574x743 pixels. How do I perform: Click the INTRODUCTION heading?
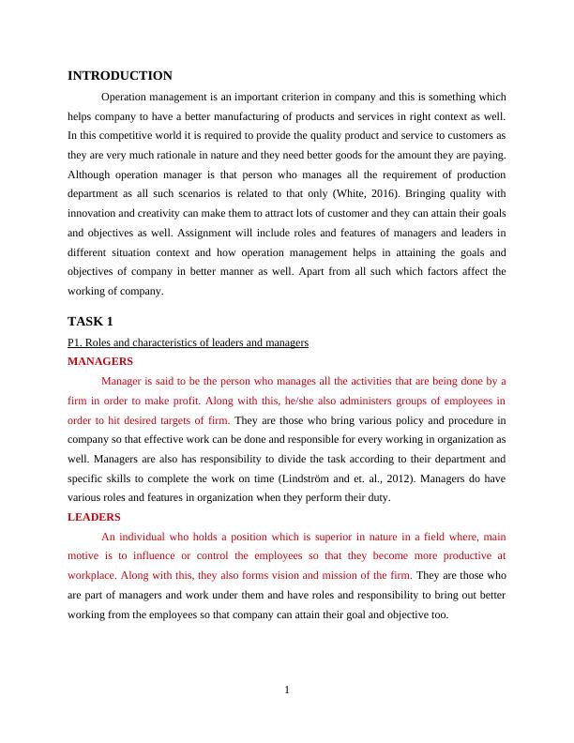click(x=120, y=76)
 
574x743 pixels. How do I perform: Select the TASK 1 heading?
click(x=90, y=322)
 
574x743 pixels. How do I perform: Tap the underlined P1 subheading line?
click(x=188, y=342)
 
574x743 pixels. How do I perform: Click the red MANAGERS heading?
click(x=100, y=361)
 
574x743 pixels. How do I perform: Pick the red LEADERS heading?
click(x=94, y=517)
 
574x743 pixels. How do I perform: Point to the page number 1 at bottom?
click(x=287, y=691)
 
